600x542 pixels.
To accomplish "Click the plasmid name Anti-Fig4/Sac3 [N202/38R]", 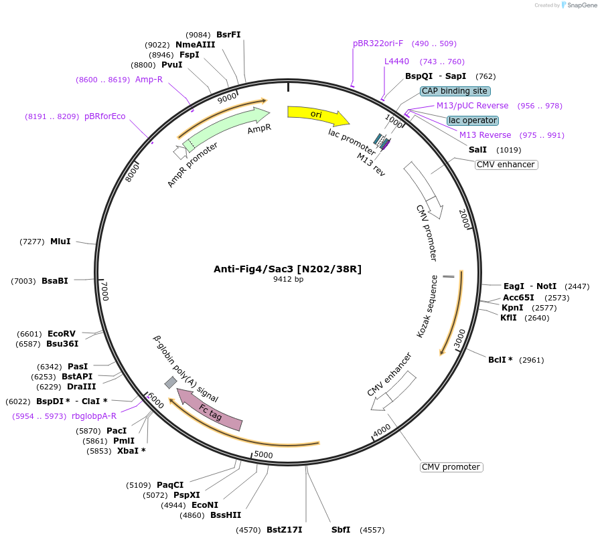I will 287,269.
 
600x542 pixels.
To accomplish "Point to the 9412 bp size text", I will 288,280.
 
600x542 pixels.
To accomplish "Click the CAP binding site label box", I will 455,91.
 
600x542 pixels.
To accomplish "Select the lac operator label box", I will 472,120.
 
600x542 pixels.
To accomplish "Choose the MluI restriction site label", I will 60,242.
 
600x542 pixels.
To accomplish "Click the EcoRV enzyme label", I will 62,333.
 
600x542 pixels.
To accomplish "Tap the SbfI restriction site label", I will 341,530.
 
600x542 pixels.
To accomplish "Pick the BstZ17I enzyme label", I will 284,530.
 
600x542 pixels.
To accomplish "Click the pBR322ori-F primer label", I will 378,43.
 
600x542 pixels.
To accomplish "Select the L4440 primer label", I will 396,62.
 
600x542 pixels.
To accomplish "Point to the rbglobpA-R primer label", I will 94,416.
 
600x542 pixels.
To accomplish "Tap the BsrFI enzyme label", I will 228,35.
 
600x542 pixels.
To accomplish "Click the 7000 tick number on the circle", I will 104,291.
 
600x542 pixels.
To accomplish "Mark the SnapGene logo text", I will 578,5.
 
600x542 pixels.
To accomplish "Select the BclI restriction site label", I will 500,360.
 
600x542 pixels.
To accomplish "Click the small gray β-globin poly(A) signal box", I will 171,382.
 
